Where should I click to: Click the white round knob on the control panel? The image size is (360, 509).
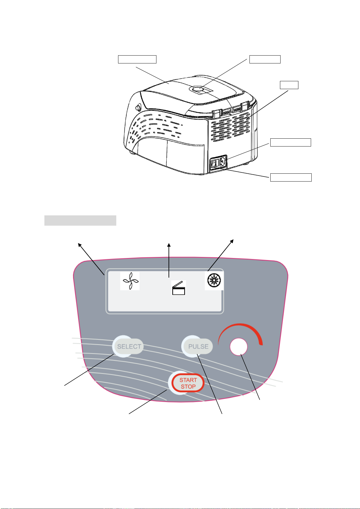point(239,346)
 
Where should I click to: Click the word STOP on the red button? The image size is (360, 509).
point(188,387)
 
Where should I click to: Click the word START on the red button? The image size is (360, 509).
point(188,380)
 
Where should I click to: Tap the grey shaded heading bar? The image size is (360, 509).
point(80,221)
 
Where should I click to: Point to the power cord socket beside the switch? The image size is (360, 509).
point(222,162)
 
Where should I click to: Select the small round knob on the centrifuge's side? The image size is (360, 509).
point(138,107)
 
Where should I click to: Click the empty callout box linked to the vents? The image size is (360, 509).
point(289,85)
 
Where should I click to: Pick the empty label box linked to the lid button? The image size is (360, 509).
point(265,59)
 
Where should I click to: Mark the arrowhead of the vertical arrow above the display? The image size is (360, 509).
point(169,245)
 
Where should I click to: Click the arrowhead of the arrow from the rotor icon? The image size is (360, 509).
point(232,241)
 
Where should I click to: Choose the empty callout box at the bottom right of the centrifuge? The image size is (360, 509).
point(291,177)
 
